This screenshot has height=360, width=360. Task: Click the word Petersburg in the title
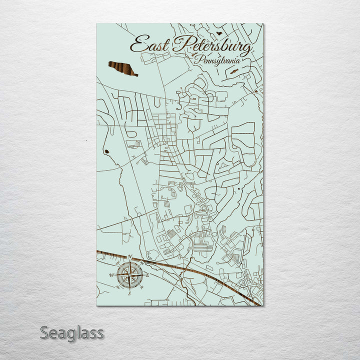[x=212, y=46]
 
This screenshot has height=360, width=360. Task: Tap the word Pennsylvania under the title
[x=218, y=59]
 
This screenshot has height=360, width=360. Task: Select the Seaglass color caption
[x=72, y=332]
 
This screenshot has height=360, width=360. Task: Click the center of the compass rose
[x=130, y=274]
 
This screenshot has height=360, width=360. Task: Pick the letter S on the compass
[x=129, y=293]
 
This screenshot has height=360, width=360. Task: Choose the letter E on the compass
[x=147, y=275]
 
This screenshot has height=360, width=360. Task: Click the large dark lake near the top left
[x=122, y=68]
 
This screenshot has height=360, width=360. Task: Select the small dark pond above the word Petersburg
[x=218, y=33]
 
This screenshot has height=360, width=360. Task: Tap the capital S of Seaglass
[x=45, y=332]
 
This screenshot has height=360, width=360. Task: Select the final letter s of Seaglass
[x=100, y=333]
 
